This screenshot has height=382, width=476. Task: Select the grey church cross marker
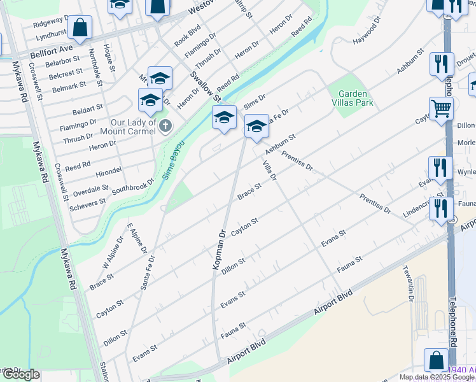[x=165, y=125]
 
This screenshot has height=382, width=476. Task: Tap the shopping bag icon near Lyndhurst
[x=80, y=27]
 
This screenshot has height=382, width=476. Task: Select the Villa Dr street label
[x=269, y=169]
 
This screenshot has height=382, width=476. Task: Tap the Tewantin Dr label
[x=411, y=290]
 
